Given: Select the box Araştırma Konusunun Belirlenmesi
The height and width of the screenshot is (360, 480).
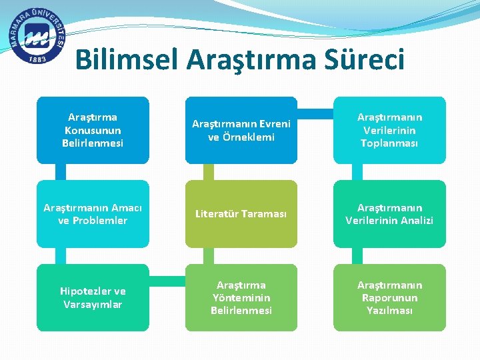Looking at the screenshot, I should pos(93,130).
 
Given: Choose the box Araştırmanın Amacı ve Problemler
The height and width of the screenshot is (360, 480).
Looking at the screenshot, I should pos(93,214).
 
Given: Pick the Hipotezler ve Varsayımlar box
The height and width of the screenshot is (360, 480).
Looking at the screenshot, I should pos(93,297).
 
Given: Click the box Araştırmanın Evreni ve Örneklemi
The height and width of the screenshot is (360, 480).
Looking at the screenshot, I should pos(241,130).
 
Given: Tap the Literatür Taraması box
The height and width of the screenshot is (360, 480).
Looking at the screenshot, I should pos(241,214).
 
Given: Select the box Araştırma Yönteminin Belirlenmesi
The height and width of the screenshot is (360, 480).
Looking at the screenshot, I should pos(241,297).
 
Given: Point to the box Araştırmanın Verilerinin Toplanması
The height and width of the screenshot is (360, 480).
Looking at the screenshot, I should pos(390,130).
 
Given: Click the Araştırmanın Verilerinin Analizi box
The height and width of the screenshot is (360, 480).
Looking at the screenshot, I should pos(390,214).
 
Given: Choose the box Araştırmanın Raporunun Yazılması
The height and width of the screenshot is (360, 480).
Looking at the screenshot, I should pos(390,297).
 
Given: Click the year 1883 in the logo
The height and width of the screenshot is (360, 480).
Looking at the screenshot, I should pos(38,59).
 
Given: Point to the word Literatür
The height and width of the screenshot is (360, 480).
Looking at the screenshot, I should pos(219,214).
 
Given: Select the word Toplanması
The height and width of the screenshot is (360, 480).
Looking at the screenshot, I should pos(390,143).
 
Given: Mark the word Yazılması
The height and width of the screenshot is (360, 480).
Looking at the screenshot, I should pos(390,310).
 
